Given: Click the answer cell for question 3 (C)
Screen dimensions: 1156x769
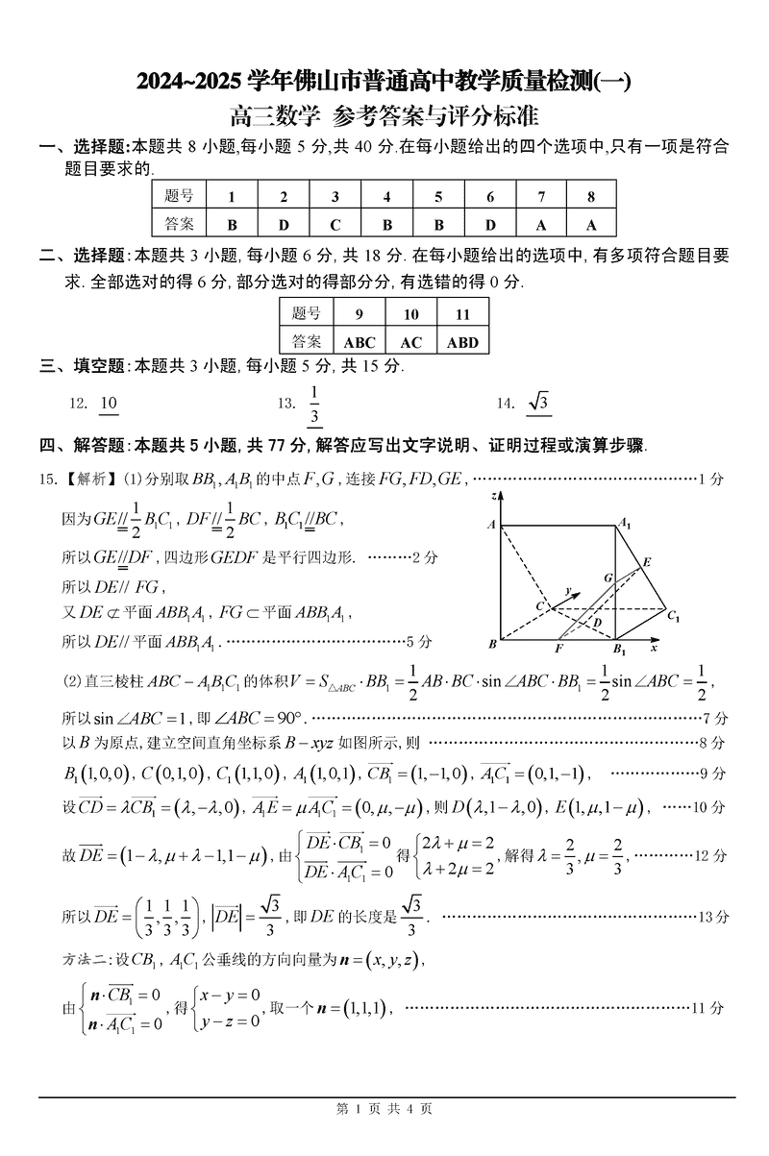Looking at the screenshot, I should [x=335, y=225].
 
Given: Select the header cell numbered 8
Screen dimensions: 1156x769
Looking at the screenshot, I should [x=591, y=197].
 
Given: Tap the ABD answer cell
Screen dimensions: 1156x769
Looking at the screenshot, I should [x=462, y=342].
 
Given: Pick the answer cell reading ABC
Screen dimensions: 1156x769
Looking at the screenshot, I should [x=359, y=342].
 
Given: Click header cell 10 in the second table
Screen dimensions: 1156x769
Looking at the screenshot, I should [x=410, y=314].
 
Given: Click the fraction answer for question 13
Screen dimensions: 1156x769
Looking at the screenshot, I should [x=313, y=404].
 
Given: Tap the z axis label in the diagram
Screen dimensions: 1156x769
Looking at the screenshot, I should [x=492, y=496].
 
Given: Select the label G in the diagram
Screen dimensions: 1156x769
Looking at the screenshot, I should [x=608, y=578].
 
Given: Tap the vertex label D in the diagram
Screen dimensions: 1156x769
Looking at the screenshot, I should [x=597, y=623].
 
